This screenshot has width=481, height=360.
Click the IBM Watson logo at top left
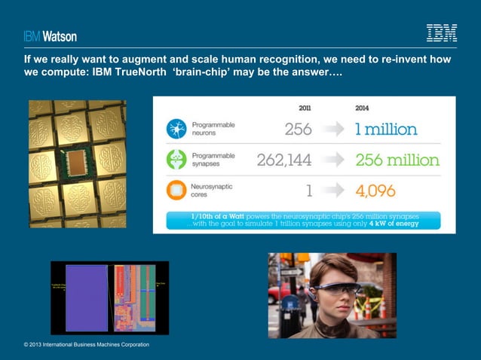pyautogui.click(x=49, y=35)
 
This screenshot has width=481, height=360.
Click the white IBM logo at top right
pyautogui.click(x=441, y=33)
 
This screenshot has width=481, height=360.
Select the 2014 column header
pyautogui.click(x=363, y=108)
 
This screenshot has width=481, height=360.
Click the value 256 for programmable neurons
pyautogui.click(x=298, y=129)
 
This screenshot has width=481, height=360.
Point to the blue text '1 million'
pyautogui.click(x=386, y=129)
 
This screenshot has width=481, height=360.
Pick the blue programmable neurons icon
pyautogui.click(x=176, y=129)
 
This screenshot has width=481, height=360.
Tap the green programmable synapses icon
pyautogui.click(x=176, y=160)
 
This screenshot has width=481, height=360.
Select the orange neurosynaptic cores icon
pyautogui.click(x=176, y=191)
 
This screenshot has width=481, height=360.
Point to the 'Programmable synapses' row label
pyautogui.click(x=213, y=160)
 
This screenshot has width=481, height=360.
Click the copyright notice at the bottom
pyautogui.click(x=86, y=344)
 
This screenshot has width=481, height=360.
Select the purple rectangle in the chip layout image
pyautogui.click(x=87, y=298)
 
